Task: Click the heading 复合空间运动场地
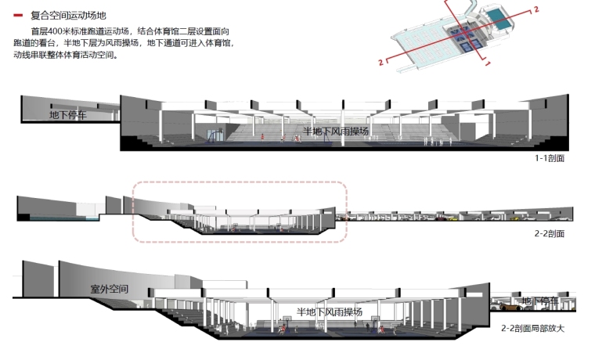click(x=68, y=16)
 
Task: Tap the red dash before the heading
click(x=17, y=16)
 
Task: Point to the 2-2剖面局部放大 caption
click(x=532, y=328)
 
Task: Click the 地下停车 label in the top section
click(x=68, y=115)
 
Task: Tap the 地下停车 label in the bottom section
click(x=539, y=301)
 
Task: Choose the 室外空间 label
click(x=110, y=290)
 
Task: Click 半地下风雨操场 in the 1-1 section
click(x=336, y=131)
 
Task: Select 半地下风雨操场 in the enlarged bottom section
click(x=330, y=312)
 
